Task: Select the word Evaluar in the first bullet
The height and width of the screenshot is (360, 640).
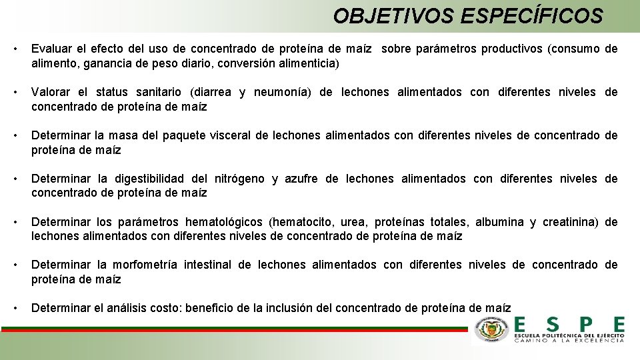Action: click(x=52, y=49)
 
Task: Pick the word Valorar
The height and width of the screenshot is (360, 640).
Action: click(x=51, y=92)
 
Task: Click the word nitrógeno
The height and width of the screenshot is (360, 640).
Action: click(x=239, y=179)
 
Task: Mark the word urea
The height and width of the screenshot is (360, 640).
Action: click(x=351, y=222)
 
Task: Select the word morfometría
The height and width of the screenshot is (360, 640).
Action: click(x=149, y=265)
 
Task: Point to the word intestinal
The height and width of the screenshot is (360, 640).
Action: click(x=207, y=265)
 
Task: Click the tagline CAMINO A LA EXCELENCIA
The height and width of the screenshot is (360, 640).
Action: click(x=570, y=340)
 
